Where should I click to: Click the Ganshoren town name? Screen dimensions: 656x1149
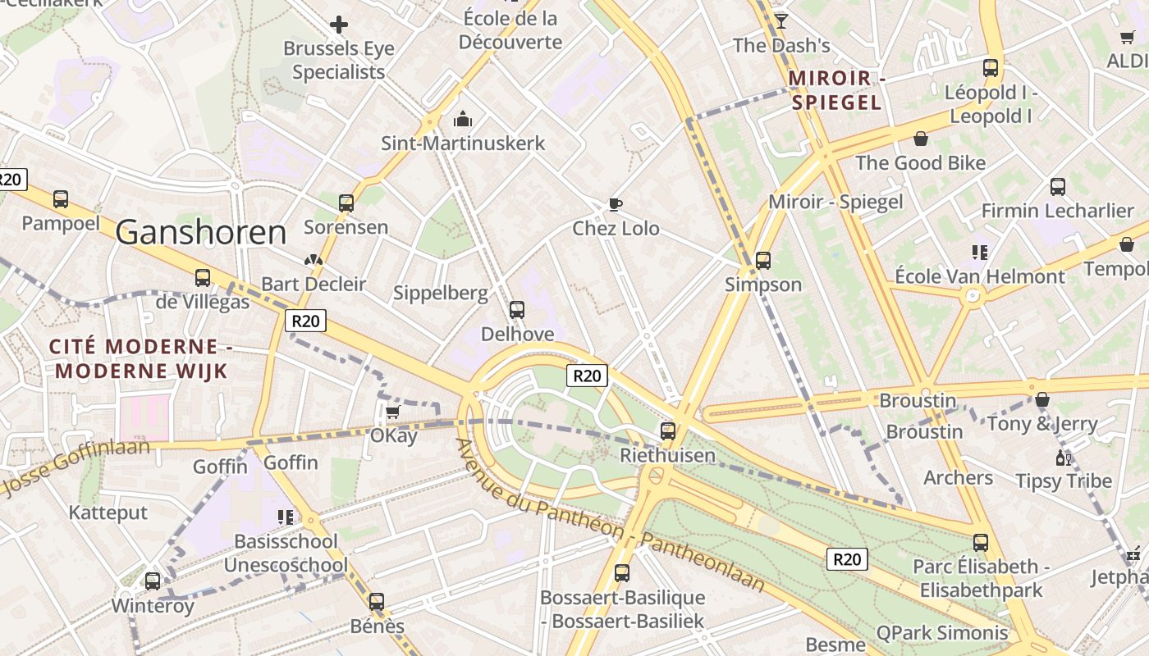tap(201, 233)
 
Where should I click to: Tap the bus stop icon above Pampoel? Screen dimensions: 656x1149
tap(61, 198)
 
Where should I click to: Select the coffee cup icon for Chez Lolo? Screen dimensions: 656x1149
tap(615, 204)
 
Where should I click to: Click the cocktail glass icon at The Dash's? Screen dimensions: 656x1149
tap(781, 20)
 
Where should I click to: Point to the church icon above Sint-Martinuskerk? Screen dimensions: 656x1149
tap(463, 120)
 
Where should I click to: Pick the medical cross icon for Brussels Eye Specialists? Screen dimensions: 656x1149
tap(338, 25)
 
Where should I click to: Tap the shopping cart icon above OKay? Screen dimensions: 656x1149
tap(393, 412)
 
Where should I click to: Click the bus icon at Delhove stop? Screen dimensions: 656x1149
tap(517, 310)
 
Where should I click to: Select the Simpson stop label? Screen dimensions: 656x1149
tap(763, 285)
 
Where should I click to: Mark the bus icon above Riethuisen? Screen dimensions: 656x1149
tap(668, 430)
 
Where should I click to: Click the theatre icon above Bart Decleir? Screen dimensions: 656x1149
tap(314, 261)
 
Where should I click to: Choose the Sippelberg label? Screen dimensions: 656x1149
tap(440, 293)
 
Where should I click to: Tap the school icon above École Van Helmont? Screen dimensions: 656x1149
tap(979, 252)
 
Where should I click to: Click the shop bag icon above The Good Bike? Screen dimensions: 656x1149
tap(921, 139)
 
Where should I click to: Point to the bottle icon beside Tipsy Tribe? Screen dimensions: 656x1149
tap(1064, 458)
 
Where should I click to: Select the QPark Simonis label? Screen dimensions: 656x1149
tap(942, 632)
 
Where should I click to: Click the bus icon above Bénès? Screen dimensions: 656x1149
tap(377, 602)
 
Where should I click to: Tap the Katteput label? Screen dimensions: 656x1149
tap(108, 512)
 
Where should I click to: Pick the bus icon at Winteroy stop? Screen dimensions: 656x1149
tap(153, 581)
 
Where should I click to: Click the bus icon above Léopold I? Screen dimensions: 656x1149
tap(991, 68)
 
